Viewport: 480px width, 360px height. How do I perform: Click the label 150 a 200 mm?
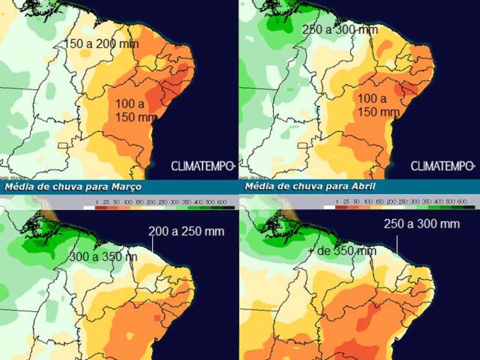coord(102,44)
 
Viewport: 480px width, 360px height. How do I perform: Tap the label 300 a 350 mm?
coord(103,257)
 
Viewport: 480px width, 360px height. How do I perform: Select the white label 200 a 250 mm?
coord(186,231)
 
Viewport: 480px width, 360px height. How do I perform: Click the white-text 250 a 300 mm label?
coord(422,224)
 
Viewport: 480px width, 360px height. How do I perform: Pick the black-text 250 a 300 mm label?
coord(340,30)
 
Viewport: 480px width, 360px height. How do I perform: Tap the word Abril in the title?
coord(364,186)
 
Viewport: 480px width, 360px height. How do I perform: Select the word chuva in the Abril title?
coord(292,186)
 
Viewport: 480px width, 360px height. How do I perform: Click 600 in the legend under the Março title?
coord(223,202)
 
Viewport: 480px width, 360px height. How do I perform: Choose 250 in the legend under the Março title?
coord(163,202)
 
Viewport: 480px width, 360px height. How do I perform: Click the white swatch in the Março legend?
coord(89,207)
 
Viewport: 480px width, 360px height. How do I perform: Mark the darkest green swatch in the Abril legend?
coord(470,207)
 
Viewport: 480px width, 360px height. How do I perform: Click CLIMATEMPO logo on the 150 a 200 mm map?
coord(202,166)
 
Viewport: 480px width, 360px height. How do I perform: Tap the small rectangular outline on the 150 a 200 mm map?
coord(63,145)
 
